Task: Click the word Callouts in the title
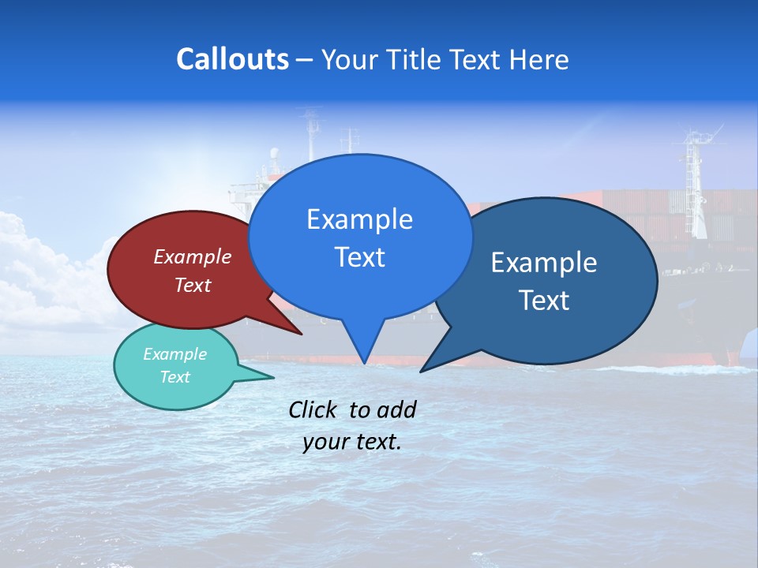(x=232, y=59)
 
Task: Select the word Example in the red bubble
(x=192, y=256)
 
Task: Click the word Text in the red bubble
(x=192, y=285)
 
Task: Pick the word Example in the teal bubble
(x=174, y=354)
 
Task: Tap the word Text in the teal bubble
(x=174, y=377)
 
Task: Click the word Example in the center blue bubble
(x=359, y=219)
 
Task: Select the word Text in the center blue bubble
(x=359, y=257)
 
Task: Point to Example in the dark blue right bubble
(x=544, y=263)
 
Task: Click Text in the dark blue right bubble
(x=544, y=301)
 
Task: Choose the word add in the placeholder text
(x=396, y=409)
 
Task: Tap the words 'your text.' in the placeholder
(x=351, y=442)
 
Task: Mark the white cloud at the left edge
(x=32, y=268)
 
